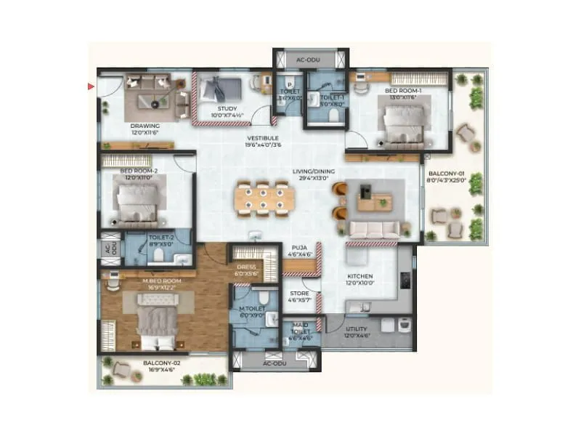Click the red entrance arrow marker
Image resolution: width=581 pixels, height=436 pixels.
point(92,86)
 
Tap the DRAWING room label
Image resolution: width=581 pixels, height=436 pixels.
point(145,126)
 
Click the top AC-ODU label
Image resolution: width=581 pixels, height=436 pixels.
point(310,60)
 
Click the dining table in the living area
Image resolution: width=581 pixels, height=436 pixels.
point(264,199)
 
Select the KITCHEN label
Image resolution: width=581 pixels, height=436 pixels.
point(359,277)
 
